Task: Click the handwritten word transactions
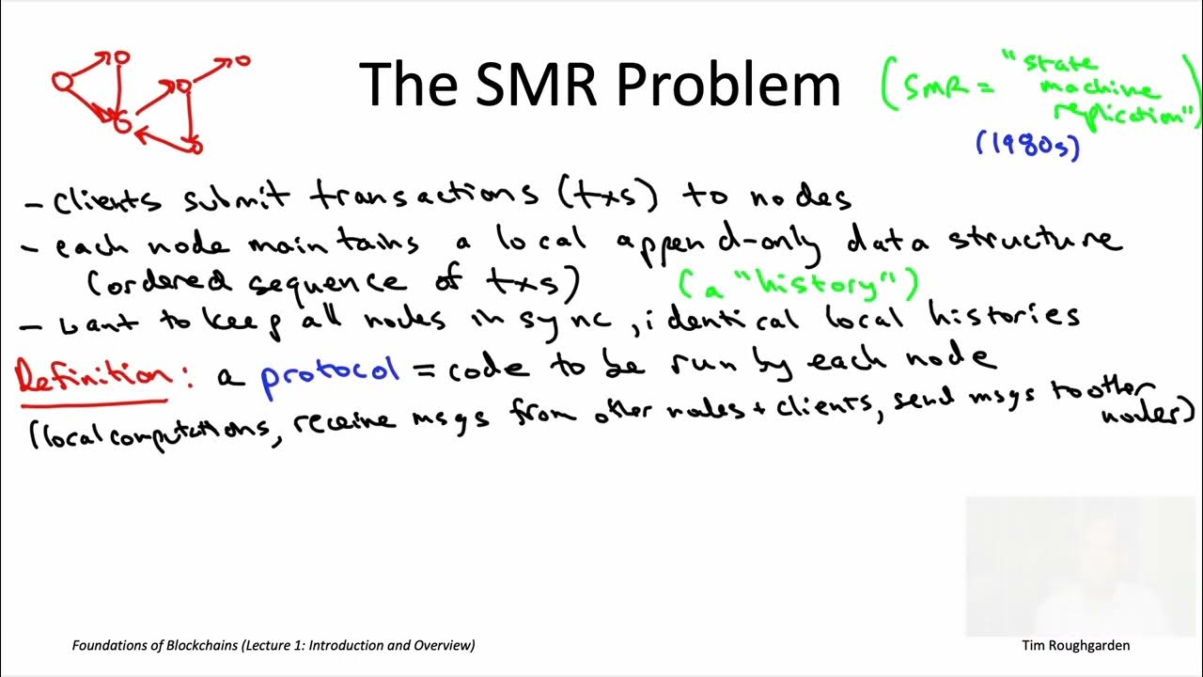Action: (x=423, y=195)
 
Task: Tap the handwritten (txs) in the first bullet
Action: (x=611, y=196)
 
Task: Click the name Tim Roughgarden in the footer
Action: (x=1075, y=645)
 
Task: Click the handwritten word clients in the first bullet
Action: (x=106, y=200)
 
